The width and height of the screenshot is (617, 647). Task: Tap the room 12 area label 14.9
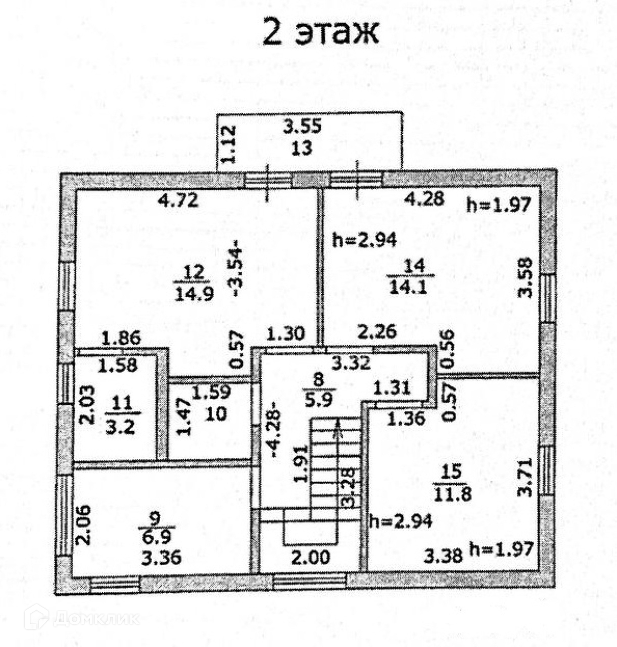pyautogui.click(x=191, y=293)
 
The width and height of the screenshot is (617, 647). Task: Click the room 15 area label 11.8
pyautogui.click(x=452, y=493)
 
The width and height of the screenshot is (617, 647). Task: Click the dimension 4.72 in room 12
pyautogui.click(x=178, y=201)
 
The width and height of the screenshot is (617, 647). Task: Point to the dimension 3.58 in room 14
pyautogui.click(x=526, y=278)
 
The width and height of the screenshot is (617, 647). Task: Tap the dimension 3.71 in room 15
pyautogui.click(x=526, y=477)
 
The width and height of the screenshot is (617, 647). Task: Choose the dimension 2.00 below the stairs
pyautogui.click(x=311, y=558)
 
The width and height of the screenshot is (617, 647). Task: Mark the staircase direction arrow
pyautogui.click(x=338, y=430)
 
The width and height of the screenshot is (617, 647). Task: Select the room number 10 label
pyautogui.click(x=217, y=413)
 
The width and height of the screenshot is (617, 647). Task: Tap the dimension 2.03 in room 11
pyautogui.click(x=87, y=404)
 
